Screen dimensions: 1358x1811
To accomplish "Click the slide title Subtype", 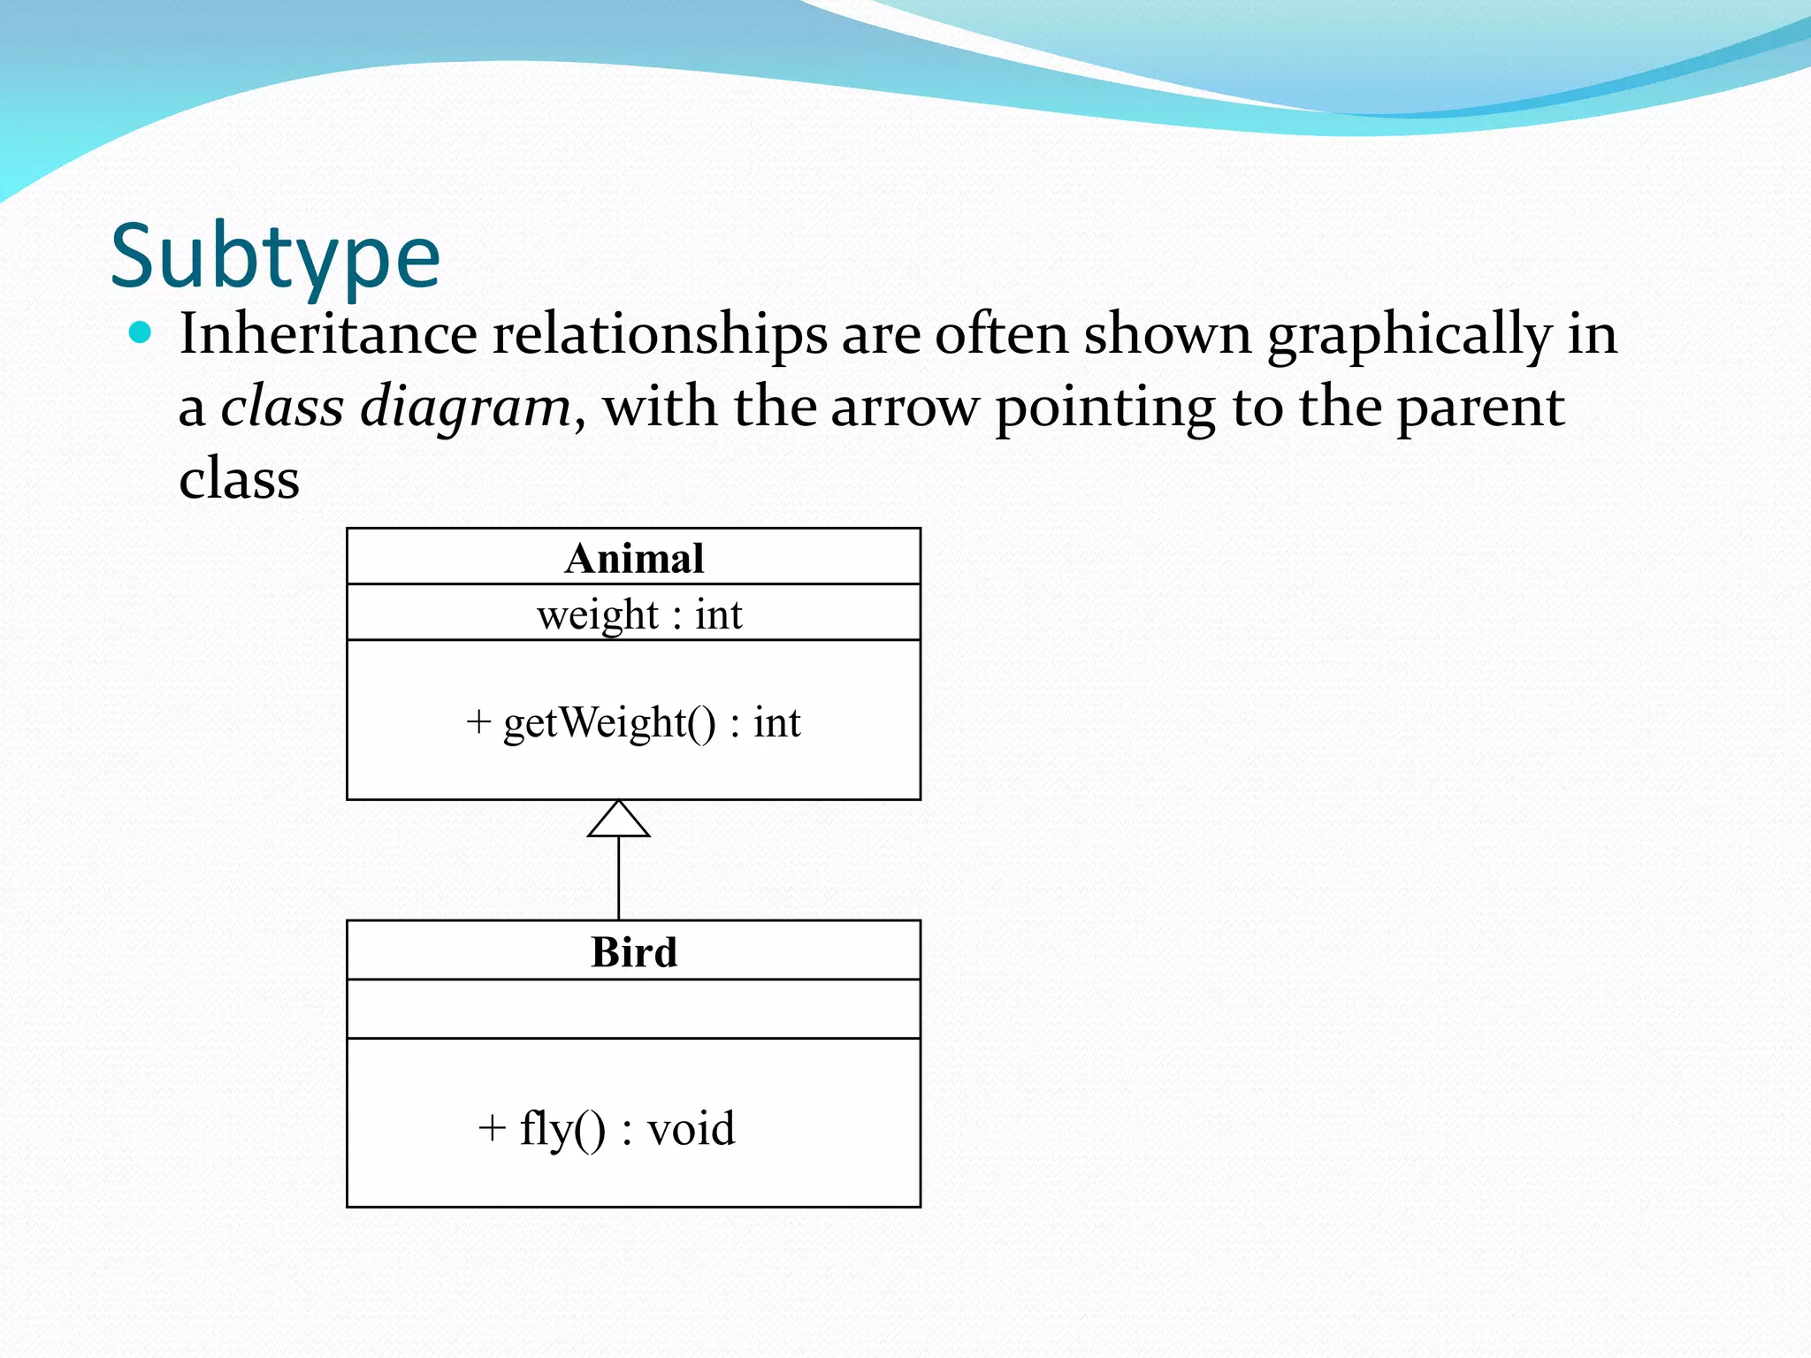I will [x=275, y=257].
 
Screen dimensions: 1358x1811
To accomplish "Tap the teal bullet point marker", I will [x=140, y=333].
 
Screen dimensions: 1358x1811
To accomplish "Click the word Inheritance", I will [x=328, y=335].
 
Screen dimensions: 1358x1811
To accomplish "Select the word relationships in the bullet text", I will [x=660, y=335].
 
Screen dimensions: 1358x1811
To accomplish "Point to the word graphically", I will [x=1410, y=337].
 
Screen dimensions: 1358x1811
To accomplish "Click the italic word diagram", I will [x=466, y=408].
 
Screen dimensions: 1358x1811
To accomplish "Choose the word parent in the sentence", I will [x=1480, y=409].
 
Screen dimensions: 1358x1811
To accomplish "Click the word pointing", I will [x=1105, y=409].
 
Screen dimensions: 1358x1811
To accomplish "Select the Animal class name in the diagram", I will [x=634, y=559].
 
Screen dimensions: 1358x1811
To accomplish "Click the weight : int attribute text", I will [x=638, y=614].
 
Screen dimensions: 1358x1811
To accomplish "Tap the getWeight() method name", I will [x=609, y=723].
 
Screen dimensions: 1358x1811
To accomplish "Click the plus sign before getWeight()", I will [x=478, y=722].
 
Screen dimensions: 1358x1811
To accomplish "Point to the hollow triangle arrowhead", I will [x=619, y=820].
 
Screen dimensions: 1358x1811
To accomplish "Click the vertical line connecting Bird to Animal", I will [x=619, y=878].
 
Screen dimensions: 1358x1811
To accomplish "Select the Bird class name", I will [x=634, y=952].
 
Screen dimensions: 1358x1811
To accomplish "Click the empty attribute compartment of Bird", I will [x=634, y=1009].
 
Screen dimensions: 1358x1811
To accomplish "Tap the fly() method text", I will [x=562, y=1129].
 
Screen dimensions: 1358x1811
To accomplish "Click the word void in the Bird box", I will [x=691, y=1129].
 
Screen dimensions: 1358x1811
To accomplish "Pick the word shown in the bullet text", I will [x=1166, y=335].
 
